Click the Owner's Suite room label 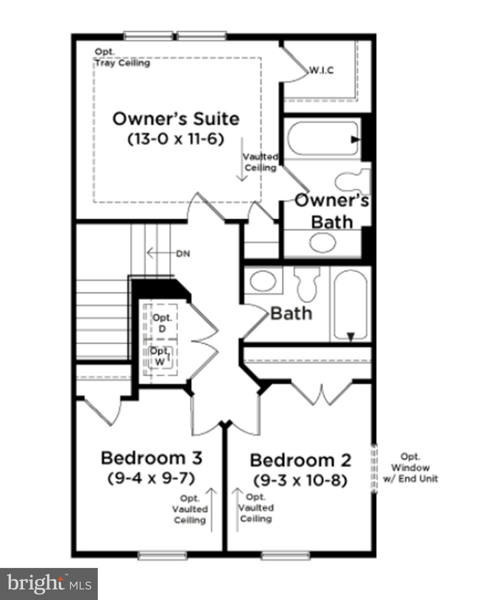coord(176,119)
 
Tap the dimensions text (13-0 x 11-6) coord(176,139)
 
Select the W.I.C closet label coord(322,70)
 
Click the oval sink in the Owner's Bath coord(323,243)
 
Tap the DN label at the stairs coord(183,254)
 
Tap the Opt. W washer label coord(160,356)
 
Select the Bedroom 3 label coord(151,458)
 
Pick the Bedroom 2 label coord(300,460)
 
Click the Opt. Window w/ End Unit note coord(410,468)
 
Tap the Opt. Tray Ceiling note coord(122,57)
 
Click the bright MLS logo coord(49,584)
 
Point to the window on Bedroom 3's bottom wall coord(162,555)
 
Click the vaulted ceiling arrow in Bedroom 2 coord(236,509)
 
